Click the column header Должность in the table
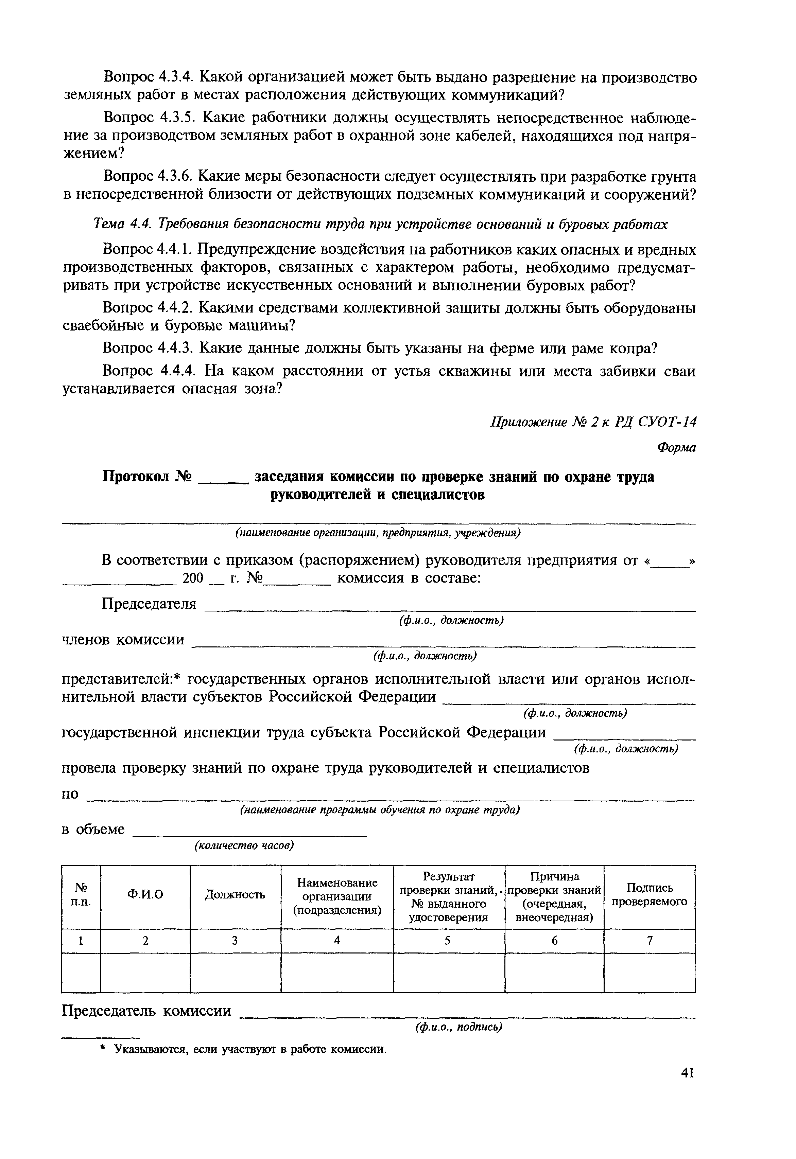(235, 895)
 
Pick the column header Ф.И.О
(145, 895)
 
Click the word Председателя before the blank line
(149, 604)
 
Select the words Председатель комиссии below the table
(146, 1011)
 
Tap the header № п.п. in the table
(81, 895)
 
